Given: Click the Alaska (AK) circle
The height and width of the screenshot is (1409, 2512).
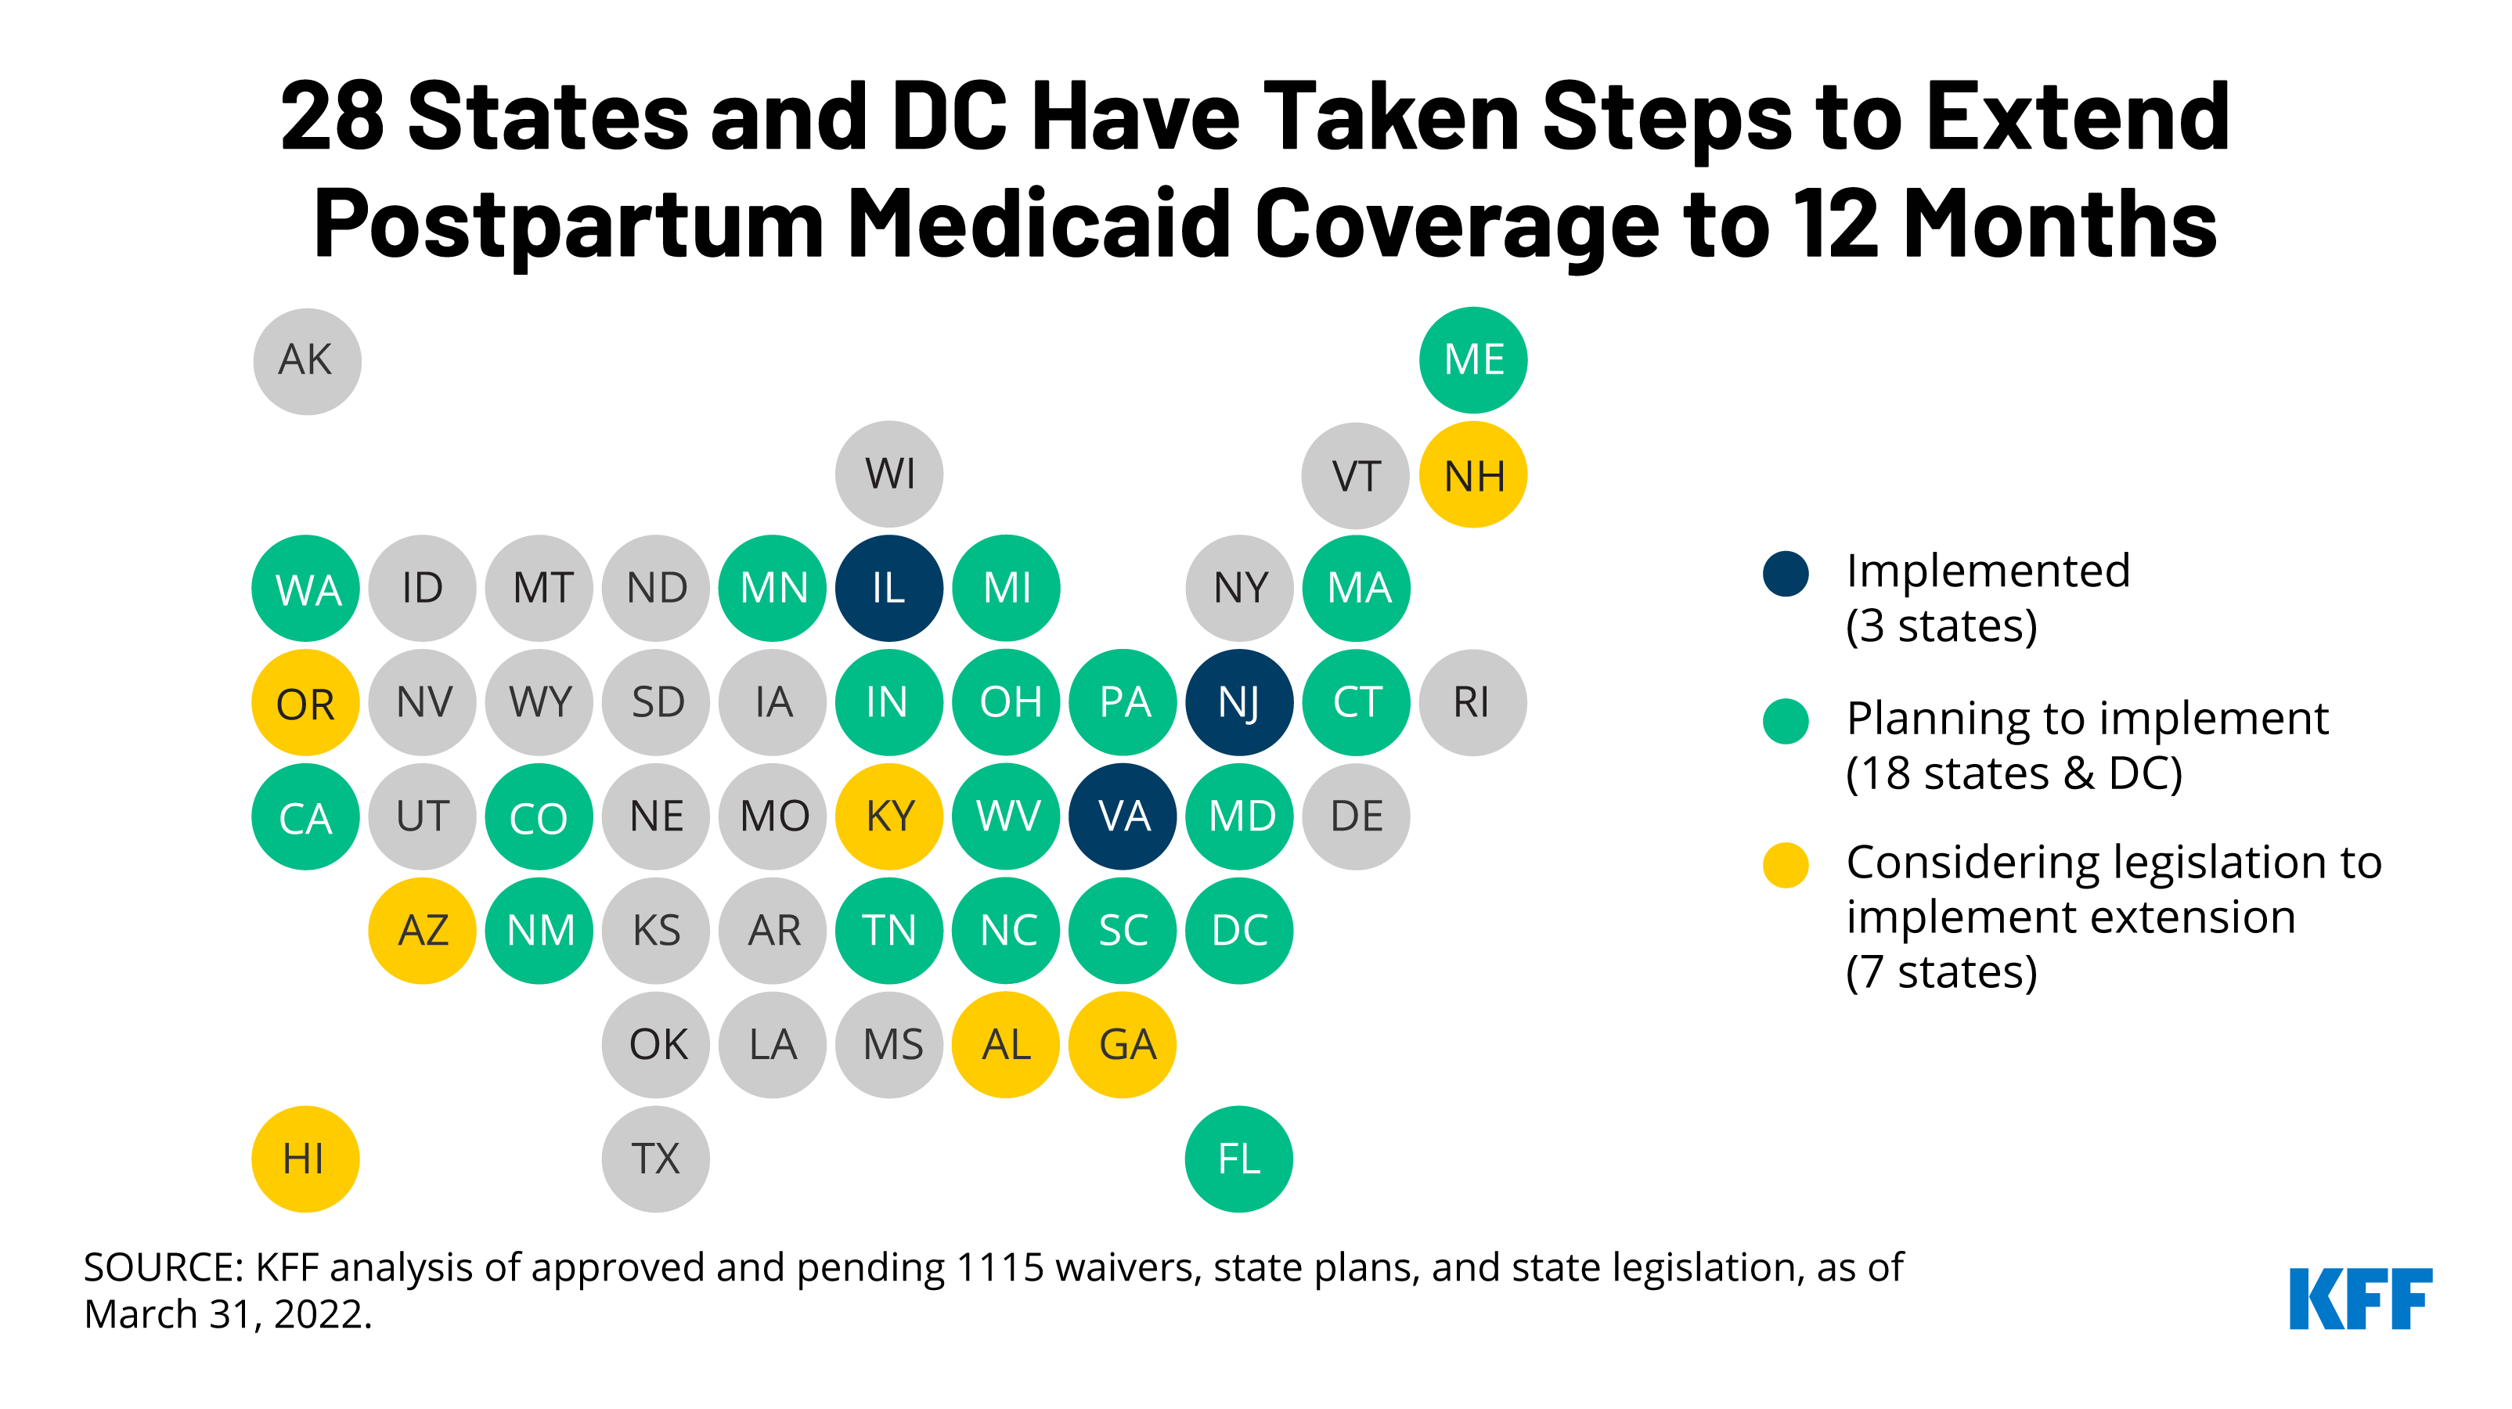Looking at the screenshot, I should tap(306, 361).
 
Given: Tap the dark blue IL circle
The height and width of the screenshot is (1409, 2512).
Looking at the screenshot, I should tap(888, 588).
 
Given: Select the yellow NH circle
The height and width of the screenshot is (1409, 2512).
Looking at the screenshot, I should tap(1472, 475).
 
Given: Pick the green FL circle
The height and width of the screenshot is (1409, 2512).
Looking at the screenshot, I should tap(1238, 1159).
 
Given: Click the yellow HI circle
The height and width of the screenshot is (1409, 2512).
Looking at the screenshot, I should tap(305, 1159).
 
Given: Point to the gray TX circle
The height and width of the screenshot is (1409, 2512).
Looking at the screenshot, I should tap(655, 1159).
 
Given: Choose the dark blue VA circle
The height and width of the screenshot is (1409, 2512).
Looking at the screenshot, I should tap(1123, 816).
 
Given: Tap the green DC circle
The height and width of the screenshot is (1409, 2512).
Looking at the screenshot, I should tap(1238, 930).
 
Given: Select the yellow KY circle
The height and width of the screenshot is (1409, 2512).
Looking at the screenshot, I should tap(888, 816).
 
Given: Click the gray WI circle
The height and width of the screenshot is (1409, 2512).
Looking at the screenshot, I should tap(888, 474).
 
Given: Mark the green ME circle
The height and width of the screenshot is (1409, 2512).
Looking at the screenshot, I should tap(1472, 360).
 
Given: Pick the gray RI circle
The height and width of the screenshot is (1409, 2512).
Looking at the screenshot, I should tap(1472, 702).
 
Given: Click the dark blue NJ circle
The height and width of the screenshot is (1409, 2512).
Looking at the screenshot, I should tap(1238, 702).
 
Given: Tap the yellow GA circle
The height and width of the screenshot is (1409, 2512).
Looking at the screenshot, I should tap(1123, 1044).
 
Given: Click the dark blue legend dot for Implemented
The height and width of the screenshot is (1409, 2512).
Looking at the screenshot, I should tap(1786, 572).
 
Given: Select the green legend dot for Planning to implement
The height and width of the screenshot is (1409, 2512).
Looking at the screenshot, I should tap(1786, 721).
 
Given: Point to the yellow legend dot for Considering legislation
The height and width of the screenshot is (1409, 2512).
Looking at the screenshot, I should tap(1786, 865).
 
